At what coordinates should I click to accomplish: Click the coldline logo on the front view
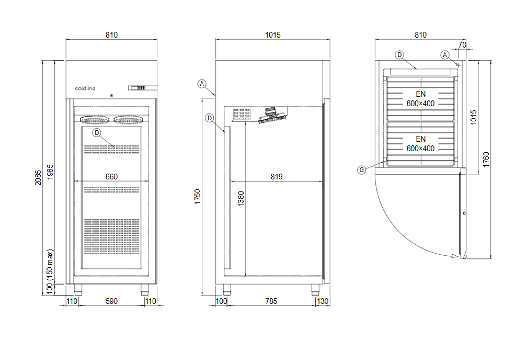click(x=85, y=88)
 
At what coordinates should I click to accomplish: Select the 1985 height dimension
click(x=50, y=173)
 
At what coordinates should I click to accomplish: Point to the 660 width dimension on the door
click(x=111, y=177)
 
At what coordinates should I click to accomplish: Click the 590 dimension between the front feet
click(x=111, y=301)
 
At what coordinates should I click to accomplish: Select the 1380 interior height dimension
click(x=240, y=199)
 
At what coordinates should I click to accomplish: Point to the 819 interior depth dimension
click(x=277, y=177)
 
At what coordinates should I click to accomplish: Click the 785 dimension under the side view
click(x=271, y=301)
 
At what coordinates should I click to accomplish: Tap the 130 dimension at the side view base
click(x=323, y=301)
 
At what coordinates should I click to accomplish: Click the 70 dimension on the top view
click(x=462, y=45)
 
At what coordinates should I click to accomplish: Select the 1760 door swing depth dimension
click(x=486, y=159)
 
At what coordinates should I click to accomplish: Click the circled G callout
click(x=362, y=169)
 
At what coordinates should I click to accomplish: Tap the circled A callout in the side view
click(x=203, y=83)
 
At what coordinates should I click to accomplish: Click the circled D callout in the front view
click(x=96, y=133)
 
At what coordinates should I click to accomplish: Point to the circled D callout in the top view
click(x=399, y=54)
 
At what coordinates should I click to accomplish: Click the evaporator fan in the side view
click(x=272, y=115)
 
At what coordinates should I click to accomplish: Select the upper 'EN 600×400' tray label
click(x=420, y=99)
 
